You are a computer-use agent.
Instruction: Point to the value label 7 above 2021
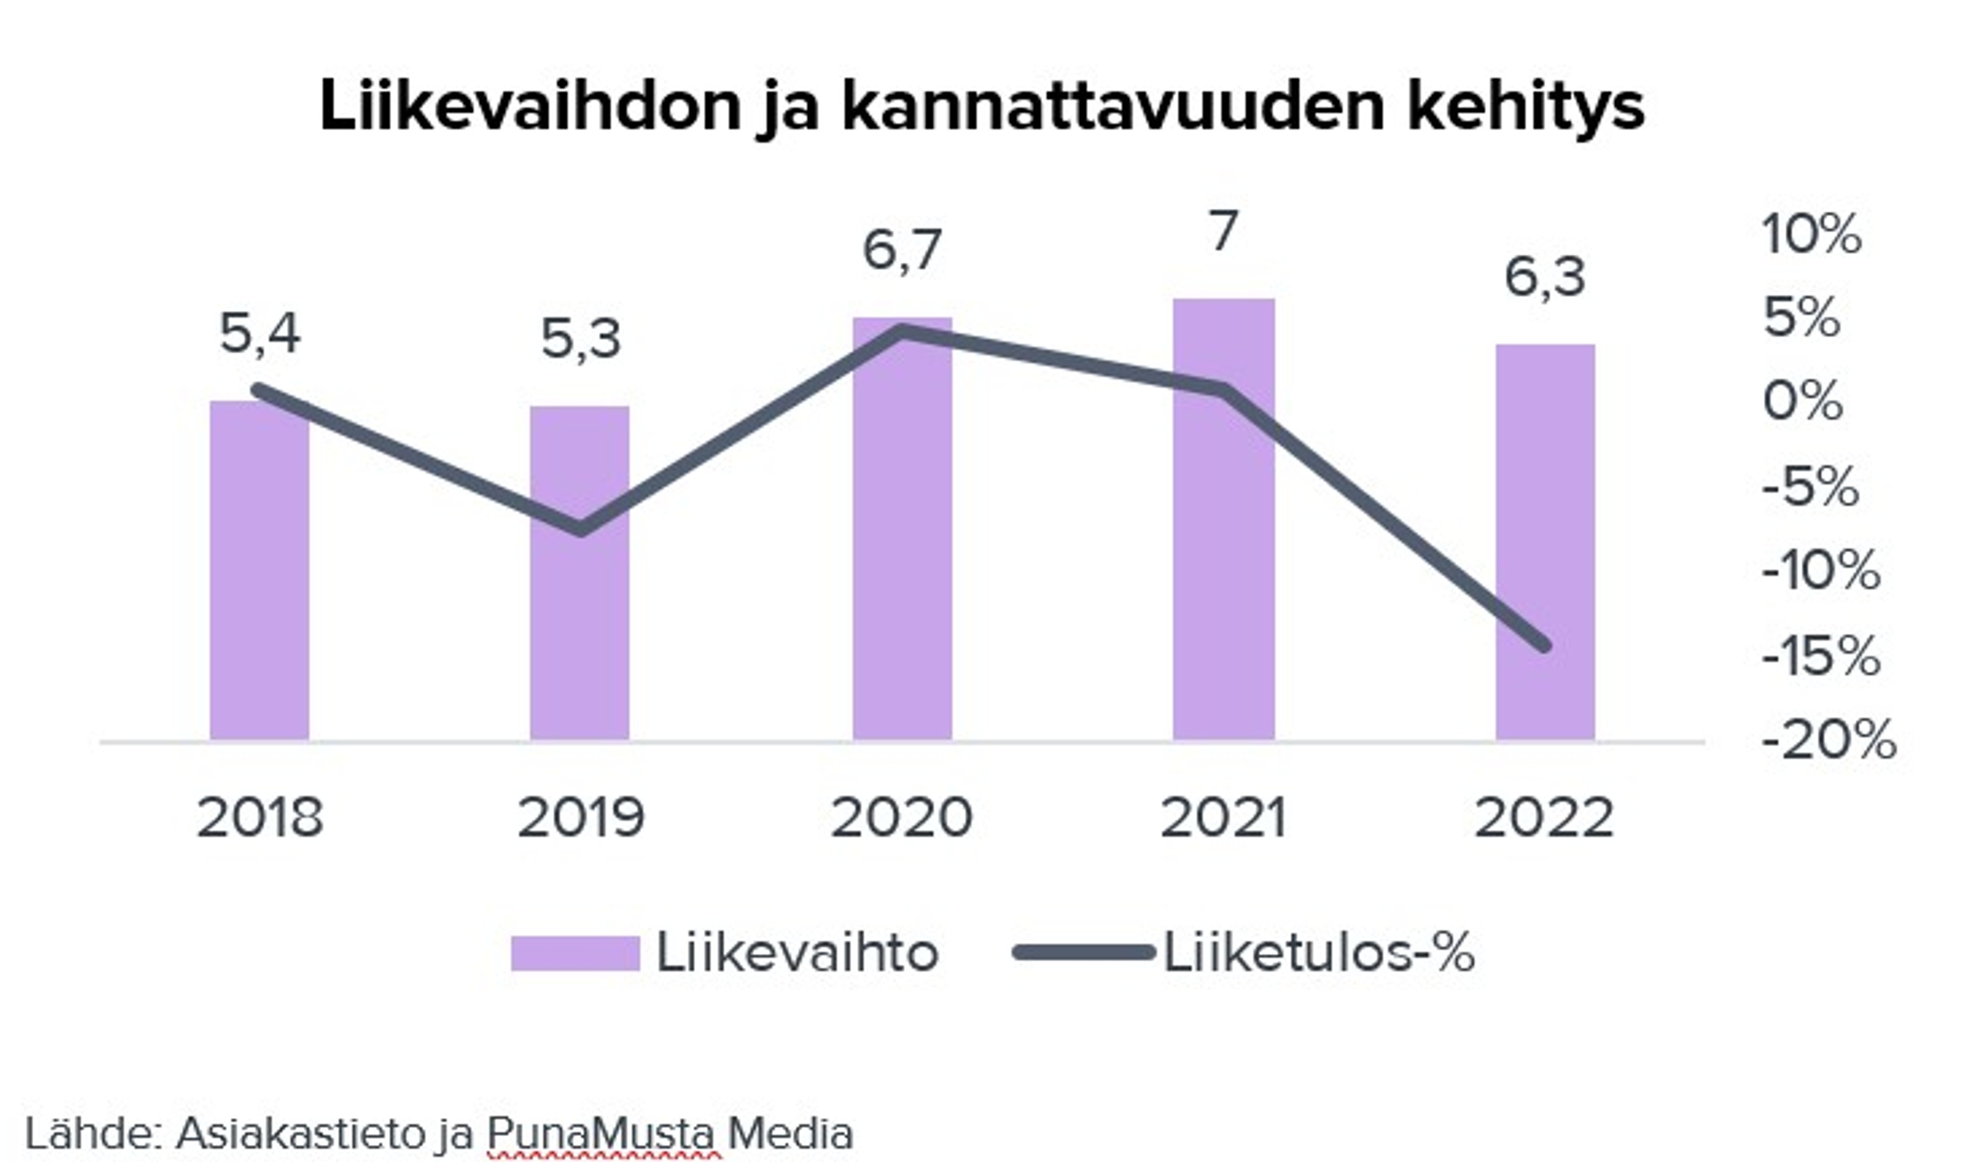[1223, 232]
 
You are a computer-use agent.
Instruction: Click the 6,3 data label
[1545, 278]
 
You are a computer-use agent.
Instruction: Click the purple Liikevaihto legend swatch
[576, 954]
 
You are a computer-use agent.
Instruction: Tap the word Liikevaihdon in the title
[530, 107]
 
